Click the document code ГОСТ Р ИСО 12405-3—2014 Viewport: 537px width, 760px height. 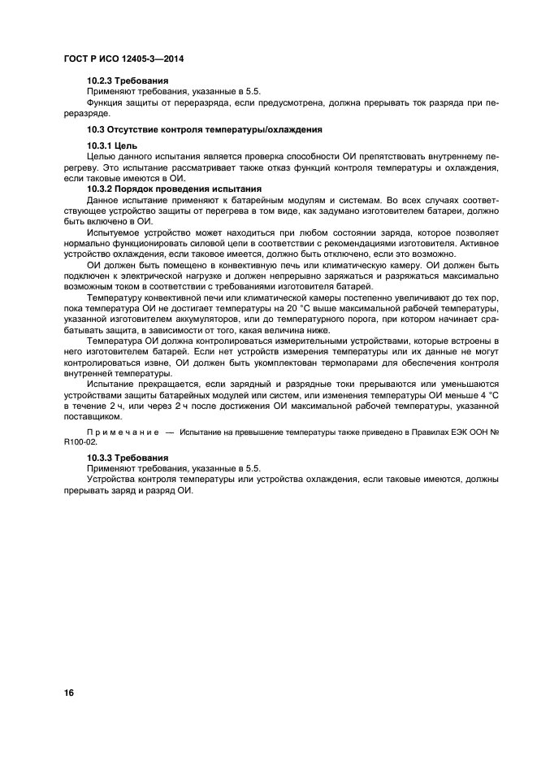(121, 59)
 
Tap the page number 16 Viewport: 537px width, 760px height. (69, 692)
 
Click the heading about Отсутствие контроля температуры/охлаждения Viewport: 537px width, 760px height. (205, 129)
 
